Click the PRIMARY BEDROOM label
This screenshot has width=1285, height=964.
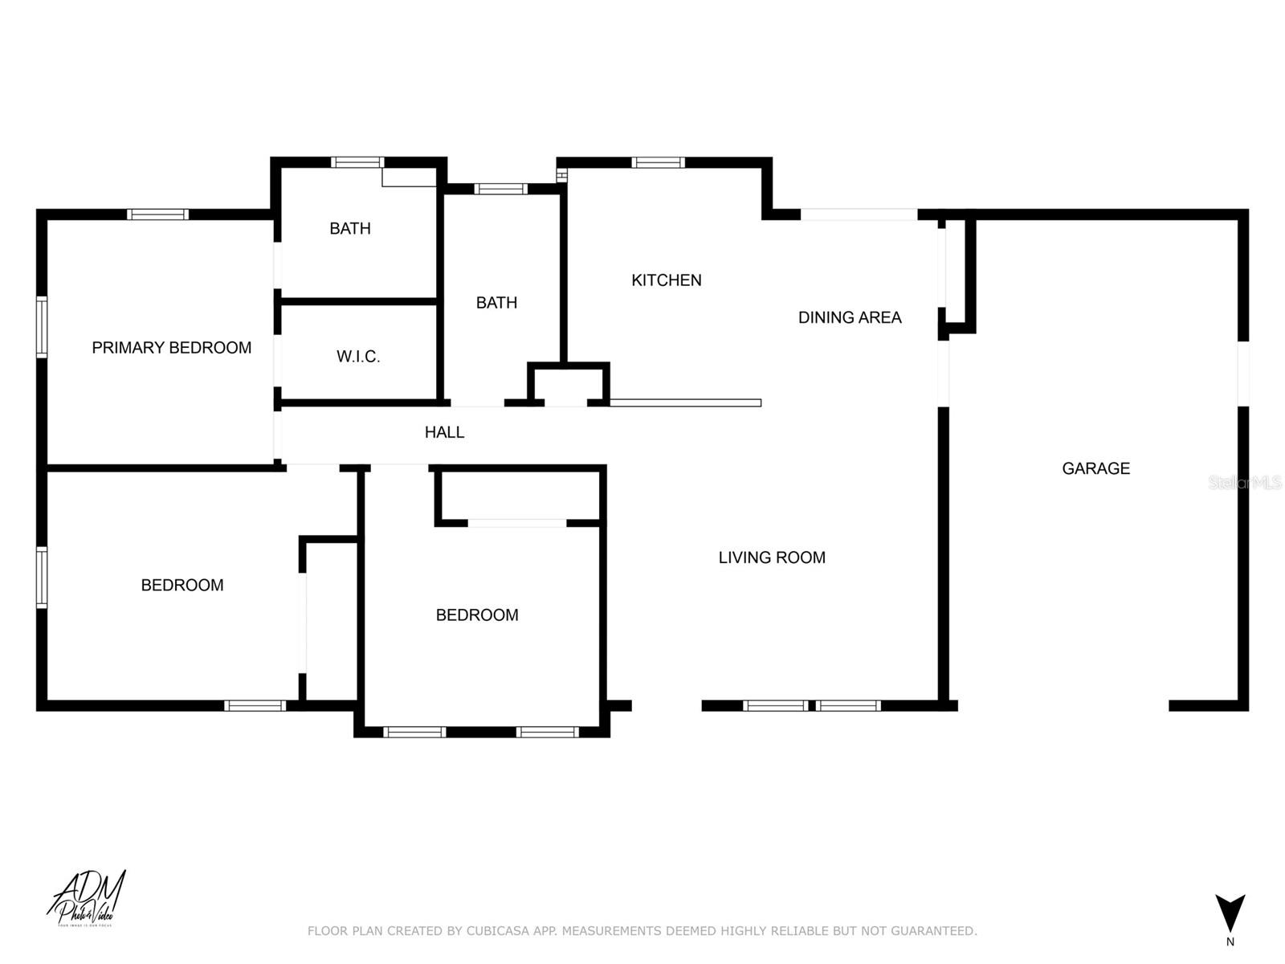click(x=171, y=348)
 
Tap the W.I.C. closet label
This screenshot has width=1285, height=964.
click(x=358, y=357)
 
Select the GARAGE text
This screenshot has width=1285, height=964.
click(x=1095, y=468)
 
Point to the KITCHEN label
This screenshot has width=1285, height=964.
click(x=666, y=280)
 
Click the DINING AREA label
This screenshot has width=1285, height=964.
click(x=850, y=317)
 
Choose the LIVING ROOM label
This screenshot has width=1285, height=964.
click(x=772, y=558)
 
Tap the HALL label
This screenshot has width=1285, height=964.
click(x=444, y=432)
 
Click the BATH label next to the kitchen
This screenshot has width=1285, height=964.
click(x=496, y=303)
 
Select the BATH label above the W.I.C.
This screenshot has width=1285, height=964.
click(x=350, y=228)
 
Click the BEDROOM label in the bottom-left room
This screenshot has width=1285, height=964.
click(x=182, y=586)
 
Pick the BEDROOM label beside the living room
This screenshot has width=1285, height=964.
click(x=477, y=615)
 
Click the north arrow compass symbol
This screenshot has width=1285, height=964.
click(x=1230, y=914)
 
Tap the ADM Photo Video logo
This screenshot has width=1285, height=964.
click(x=87, y=899)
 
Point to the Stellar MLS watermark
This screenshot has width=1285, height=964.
click(x=1245, y=483)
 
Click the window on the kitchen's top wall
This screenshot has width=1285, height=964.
click(x=658, y=163)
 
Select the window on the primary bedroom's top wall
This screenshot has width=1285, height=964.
click(x=158, y=214)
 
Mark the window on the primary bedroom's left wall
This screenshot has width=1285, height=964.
click(x=42, y=326)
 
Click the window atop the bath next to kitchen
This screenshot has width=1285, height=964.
click(x=500, y=190)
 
